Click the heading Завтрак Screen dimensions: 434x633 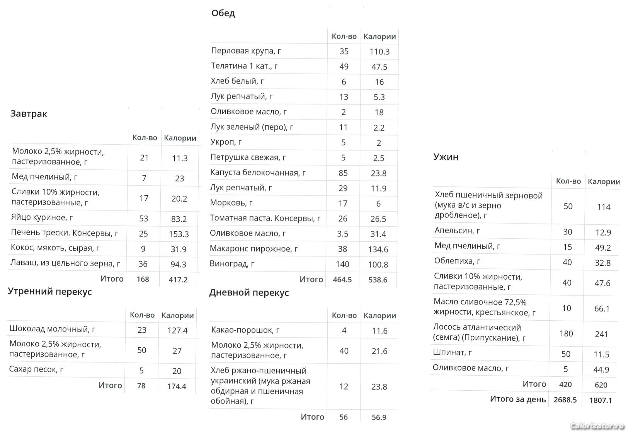point(29,114)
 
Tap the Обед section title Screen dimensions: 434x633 point(223,14)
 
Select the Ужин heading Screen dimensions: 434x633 point(446,157)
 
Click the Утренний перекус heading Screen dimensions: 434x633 point(50,292)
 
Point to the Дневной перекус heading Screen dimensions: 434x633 point(249,293)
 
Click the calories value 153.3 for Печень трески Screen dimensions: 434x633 point(179,234)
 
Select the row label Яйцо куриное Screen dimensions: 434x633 point(42,218)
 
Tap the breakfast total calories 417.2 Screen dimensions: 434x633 point(178,279)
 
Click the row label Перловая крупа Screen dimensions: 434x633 point(246,51)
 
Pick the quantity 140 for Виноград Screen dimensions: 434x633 point(342,264)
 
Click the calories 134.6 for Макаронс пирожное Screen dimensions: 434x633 point(378,249)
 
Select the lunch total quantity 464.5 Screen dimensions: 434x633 point(342,280)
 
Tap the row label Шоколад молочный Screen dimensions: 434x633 point(52,329)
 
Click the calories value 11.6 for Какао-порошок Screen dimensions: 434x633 point(379,331)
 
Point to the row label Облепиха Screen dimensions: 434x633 point(457,261)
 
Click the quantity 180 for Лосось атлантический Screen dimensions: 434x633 point(566,333)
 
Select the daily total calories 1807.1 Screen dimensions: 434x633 point(601,400)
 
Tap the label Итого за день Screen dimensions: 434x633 point(518,399)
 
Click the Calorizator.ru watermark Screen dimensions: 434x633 point(597,426)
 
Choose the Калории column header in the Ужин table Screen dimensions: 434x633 point(604,181)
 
